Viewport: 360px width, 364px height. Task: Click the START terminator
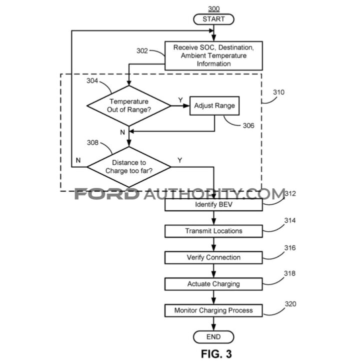pyautogui.click(x=213, y=19)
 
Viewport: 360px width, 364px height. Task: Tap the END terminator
pyautogui.click(x=213, y=336)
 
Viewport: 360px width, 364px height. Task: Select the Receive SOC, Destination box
pyautogui.click(x=213, y=55)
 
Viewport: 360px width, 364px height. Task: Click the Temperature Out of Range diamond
pyautogui.click(x=129, y=105)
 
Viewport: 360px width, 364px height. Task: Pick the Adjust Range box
pyautogui.click(x=214, y=106)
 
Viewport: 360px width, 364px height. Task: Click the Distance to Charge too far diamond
pyautogui.click(x=129, y=166)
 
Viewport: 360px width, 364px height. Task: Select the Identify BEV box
pyautogui.click(x=213, y=205)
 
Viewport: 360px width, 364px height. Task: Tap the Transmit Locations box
pyautogui.click(x=213, y=231)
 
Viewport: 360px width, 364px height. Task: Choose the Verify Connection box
pyautogui.click(x=213, y=257)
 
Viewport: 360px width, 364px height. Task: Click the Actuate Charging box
pyautogui.click(x=213, y=284)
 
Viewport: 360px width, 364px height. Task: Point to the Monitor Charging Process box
pyautogui.click(x=213, y=310)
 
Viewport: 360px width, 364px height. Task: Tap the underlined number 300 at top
pyautogui.click(x=213, y=9)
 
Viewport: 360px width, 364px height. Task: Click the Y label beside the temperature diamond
pyautogui.click(x=180, y=101)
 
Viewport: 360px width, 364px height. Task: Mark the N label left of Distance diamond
pyautogui.click(x=78, y=160)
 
